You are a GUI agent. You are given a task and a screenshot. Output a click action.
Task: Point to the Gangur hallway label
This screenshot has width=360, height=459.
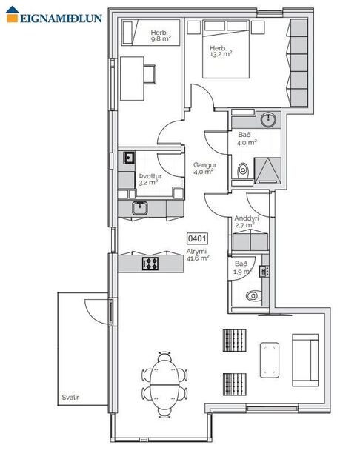point(204,168)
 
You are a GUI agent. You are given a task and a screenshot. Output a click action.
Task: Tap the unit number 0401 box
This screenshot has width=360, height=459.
point(197,239)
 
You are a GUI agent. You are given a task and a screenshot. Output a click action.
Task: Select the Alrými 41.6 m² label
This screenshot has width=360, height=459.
point(198,255)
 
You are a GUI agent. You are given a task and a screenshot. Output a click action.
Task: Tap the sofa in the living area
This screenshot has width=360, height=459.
point(306,359)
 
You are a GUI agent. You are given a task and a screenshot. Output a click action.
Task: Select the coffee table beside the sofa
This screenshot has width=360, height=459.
point(270,359)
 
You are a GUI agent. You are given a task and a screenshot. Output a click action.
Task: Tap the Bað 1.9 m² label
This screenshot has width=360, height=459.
point(241,267)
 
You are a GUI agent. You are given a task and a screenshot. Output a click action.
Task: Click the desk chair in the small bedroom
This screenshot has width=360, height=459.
point(150,73)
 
